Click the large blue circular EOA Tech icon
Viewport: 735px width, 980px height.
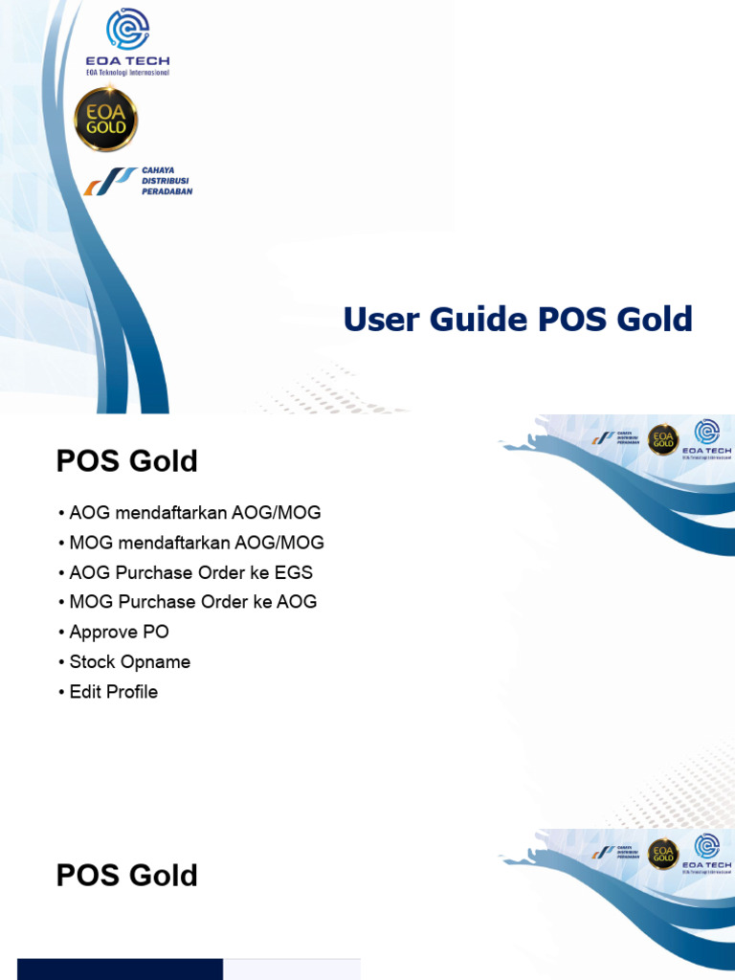click(x=127, y=29)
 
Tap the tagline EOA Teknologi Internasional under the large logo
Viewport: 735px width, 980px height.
click(x=127, y=73)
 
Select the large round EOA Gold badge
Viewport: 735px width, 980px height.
click(x=106, y=120)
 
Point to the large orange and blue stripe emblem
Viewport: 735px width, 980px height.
click(x=110, y=180)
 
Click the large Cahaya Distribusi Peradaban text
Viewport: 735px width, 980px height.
click(x=167, y=180)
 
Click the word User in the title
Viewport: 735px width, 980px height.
click(x=381, y=320)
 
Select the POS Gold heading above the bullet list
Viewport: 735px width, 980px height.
click(x=127, y=461)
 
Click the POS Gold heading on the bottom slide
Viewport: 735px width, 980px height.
click(x=127, y=876)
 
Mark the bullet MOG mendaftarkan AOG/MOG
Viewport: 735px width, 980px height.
click(x=197, y=543)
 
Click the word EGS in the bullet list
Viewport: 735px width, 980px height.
click(x=293, y=572)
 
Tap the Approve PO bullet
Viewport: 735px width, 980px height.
click(x=119, y=632)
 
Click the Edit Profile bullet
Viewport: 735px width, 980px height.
click(x=113, y=692)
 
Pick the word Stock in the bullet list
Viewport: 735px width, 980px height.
click(x=92, y=662)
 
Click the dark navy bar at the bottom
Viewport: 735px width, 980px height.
click(x=120, y=969)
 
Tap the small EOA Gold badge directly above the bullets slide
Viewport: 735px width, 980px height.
click(x=662, y=439)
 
